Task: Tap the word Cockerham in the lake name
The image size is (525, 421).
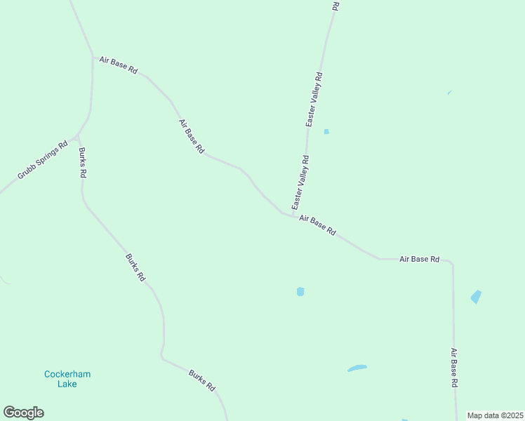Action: pos(67,374)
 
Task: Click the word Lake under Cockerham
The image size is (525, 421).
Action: pos(67,384)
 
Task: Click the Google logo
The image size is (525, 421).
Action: pos(23,413)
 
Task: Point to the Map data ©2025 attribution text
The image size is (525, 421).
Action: pos(496,415)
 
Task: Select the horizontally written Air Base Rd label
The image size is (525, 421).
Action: pos(419,259)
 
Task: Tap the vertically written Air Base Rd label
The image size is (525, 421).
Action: pos(454,368)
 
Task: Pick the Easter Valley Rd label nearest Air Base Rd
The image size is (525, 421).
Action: pos(300,182)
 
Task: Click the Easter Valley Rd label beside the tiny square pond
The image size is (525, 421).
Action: pos(314,99)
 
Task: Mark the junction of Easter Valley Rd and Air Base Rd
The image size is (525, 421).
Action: pos(292,214)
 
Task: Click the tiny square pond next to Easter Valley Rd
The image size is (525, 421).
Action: pos(326,131)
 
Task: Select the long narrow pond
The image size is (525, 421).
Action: pos(357,368)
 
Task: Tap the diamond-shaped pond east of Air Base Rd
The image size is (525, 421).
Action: pos(476,297)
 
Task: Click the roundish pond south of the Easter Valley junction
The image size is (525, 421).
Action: pos(300,291)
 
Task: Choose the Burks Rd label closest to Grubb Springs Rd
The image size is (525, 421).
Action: pos(82,162)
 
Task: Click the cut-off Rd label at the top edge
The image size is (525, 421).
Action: pos(335,5)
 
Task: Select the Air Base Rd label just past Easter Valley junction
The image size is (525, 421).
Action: pos(317,225)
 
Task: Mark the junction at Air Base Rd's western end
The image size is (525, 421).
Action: pos(93,57)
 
